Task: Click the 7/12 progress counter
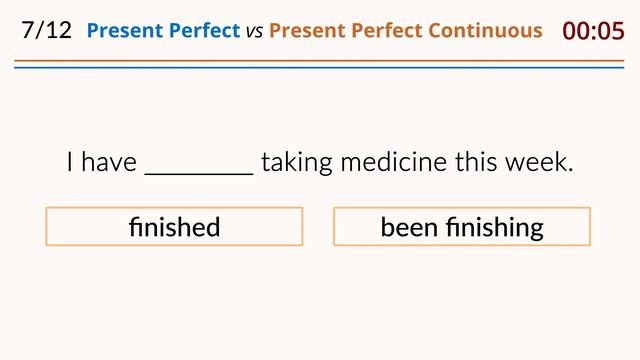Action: [46, 30]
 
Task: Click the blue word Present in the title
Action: [123, 30]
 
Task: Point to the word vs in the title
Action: [254, 31]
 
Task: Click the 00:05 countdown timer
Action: [593, 30]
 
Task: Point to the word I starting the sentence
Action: [70, 162]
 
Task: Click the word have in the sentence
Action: [109, 162]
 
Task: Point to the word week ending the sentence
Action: [545, 162]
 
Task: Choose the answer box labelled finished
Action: [174, 227]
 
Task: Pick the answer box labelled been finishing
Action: [462, 227]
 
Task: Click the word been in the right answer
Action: [410, 227]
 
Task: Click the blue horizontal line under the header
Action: [320, 68]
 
